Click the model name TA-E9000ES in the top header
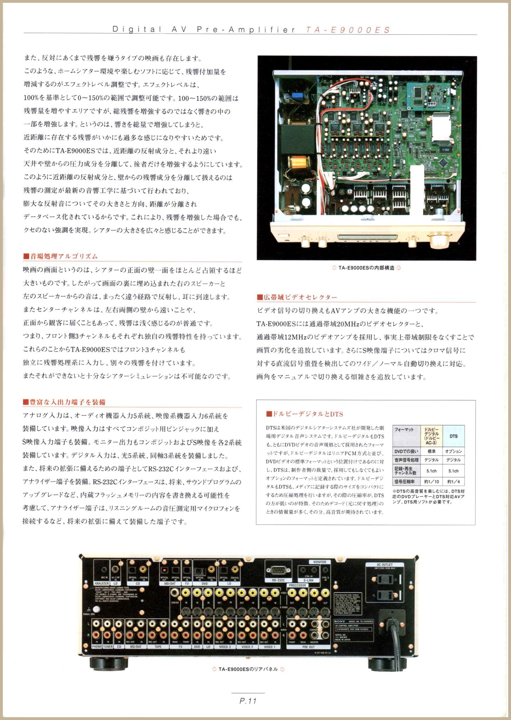347,30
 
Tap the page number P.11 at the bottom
248,701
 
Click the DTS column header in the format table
453,436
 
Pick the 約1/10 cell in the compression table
431,482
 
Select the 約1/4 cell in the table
453,482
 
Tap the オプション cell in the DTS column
453,451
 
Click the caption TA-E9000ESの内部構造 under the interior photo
366,268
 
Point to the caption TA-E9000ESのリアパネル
248,669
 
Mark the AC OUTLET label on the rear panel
385,565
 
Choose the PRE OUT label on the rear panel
308,647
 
